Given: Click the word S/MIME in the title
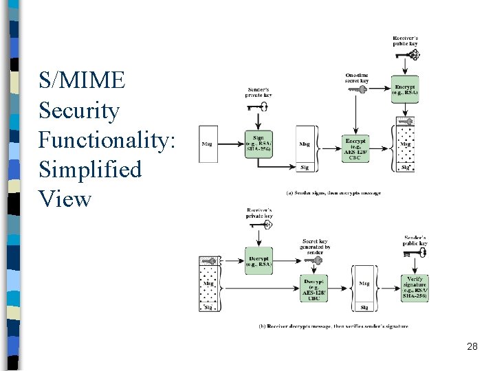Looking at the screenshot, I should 82,80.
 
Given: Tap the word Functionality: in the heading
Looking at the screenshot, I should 108,139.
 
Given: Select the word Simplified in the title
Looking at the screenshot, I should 90,169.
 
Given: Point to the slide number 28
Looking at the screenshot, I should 472,346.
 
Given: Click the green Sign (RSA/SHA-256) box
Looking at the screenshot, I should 258,144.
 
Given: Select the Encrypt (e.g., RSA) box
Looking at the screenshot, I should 405,89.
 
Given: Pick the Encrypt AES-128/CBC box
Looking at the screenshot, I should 355,148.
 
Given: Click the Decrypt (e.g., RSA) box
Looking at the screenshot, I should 258,260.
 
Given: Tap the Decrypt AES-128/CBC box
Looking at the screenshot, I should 314,289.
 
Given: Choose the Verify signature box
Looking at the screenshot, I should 415,288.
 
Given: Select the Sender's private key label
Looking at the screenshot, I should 259,92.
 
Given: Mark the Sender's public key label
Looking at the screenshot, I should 415,240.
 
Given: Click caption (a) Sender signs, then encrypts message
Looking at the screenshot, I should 333,193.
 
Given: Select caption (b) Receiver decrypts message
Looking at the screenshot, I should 333,326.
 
